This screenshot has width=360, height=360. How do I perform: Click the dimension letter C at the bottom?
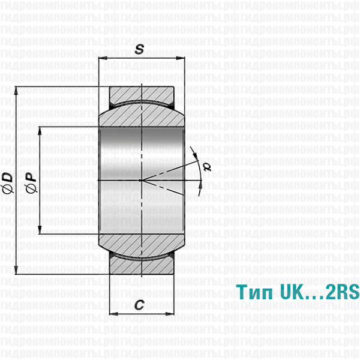click(x=139, y=305)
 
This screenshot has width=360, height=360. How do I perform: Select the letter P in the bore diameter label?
click(x=31, y=178)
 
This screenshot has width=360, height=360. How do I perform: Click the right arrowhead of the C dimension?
click(x=166, y=314)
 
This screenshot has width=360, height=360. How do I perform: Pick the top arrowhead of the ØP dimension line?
click(x=40, y=130)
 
